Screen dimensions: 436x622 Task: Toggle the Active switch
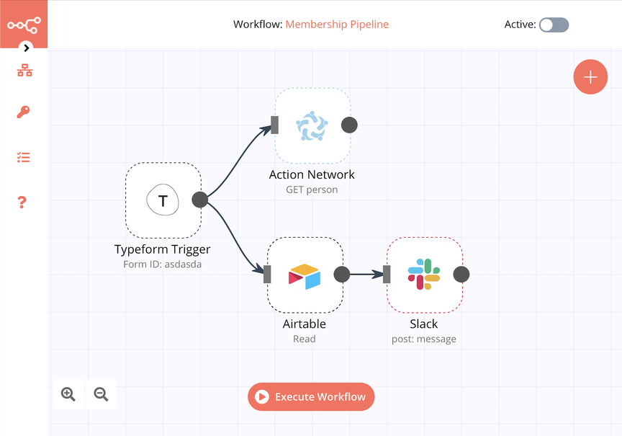(x=554, y=25)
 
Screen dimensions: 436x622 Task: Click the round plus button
(x=590, y=77)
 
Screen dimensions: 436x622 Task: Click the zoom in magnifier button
(x=68, y=394)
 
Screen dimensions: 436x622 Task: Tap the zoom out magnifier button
(x=101, y=394)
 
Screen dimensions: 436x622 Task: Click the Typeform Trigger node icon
(x=163, y=200)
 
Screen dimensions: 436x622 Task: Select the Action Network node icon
(x=312, y=125)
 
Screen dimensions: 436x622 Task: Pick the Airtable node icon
(x=305, y=275)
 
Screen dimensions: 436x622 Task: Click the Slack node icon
(x=424, y=275)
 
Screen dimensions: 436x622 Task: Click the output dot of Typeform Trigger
(x=200, y=200)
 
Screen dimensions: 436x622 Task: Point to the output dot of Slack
(x=461, y=275)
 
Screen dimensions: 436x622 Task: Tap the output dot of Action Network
(x=349, y=125)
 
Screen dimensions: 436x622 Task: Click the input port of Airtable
(x=267, y=275)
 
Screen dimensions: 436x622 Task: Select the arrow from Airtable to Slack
(x=366, y=275)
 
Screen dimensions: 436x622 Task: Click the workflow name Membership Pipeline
(x=337, y=25)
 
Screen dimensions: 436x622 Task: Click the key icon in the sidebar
(x=24, y=112)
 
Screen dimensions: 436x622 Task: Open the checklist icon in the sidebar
(x=24, y=157)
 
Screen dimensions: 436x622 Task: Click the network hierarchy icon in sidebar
(x=24, y=70)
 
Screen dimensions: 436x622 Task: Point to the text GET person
(x=312, y=190)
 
